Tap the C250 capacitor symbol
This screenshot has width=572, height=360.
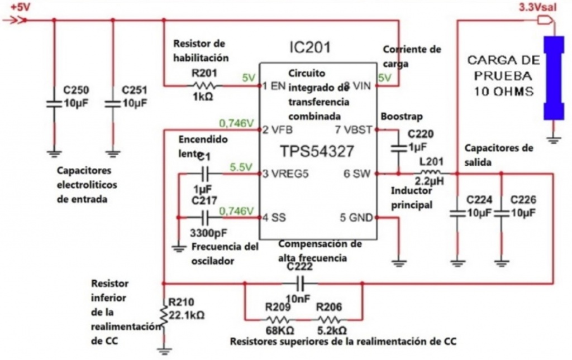click(x=54, y=104)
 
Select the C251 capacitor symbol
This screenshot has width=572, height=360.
click(x=113, y=104)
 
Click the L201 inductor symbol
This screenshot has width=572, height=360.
click(x=430, y=174)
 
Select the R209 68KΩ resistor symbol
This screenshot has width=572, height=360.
click(x=278, y=320)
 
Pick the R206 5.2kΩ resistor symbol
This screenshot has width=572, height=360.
click(x=330, y=320)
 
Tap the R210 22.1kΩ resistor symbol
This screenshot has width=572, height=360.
click(x=163, y=315)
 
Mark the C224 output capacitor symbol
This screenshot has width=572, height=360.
click(x=457, y=213)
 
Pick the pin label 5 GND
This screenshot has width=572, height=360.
click(x=356, y=217)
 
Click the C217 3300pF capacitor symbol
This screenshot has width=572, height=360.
click(x=204, y=217)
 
